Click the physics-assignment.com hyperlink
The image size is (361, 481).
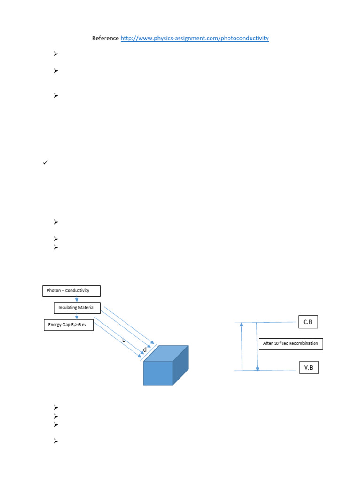pos(195,39)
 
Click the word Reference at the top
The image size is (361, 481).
pos(105,39)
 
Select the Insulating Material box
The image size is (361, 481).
pos(77,308)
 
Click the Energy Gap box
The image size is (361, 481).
pos(69,325)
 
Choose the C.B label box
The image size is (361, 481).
pos(308,322)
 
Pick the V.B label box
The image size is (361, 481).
pos(308,367)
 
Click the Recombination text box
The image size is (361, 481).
pos(290,344)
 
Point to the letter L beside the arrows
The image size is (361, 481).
pos(123,340)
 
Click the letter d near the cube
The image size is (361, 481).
pos(145,350)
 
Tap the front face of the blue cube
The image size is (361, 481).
pos(158,373)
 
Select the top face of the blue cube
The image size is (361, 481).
pos(165,353)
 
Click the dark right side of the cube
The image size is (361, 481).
pos(180,365)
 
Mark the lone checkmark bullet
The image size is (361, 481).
pos(45,163)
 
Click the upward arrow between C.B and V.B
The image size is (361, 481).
pos(242,346)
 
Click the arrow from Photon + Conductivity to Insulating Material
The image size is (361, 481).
pos(77,299)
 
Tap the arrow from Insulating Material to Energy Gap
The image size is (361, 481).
pos(77,316)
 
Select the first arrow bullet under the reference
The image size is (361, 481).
pos(55,54)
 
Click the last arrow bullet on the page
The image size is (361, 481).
pos(55,441)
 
